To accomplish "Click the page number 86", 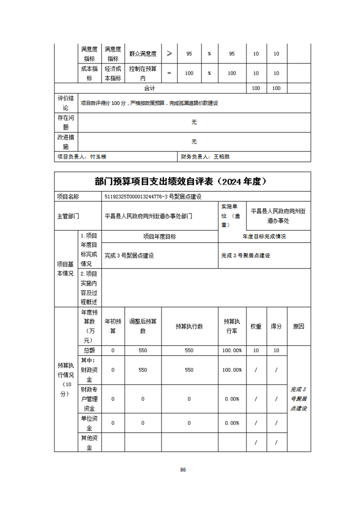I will point(183,470).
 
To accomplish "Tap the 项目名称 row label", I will point(68,196).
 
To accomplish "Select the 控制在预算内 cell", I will point(143,73).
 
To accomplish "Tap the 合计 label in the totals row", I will point(150,88).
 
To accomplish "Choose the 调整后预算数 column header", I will point(143,326).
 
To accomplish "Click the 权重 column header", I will point(256,326).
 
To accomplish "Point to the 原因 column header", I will point(298,326).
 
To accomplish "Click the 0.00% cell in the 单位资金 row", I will point(232,423).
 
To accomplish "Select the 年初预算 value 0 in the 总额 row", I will point(113,350).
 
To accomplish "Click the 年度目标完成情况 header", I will point(264,236).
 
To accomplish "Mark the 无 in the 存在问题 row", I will point(194,122).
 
